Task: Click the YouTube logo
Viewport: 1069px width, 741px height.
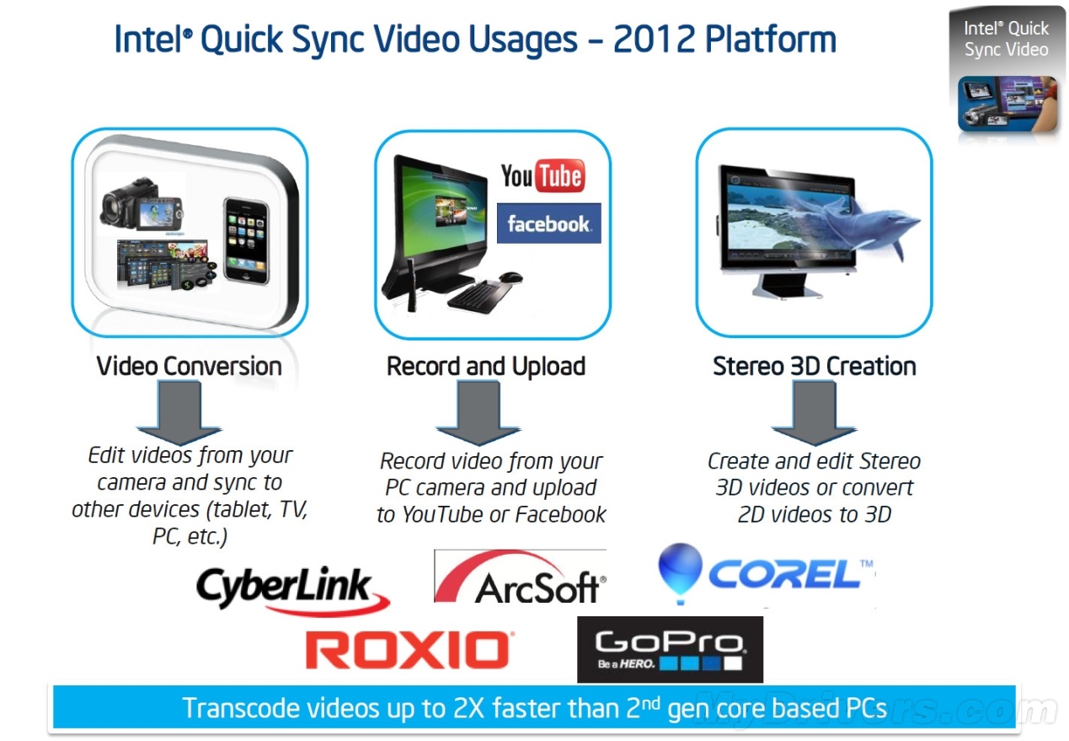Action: coord(543,175)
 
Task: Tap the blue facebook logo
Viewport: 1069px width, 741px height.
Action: coord(548,223)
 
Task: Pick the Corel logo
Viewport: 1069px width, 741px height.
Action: coord(767,574)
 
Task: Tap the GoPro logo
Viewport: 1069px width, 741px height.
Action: coord(670,649)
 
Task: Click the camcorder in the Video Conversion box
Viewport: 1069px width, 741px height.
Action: coord(142,204)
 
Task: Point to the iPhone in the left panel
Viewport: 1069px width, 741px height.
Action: coord(246,240)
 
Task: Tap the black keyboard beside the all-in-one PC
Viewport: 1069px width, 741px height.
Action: coord(478,296)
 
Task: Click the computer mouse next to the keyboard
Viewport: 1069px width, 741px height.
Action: coord(510,277)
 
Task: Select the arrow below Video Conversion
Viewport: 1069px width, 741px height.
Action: coord(179,413)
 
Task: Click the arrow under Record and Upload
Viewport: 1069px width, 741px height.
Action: coord(478,413)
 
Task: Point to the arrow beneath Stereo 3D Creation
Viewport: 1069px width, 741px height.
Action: coord(814,413)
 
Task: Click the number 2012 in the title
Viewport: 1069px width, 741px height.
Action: coord(654,39)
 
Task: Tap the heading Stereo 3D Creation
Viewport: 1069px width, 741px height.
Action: coord(814,366)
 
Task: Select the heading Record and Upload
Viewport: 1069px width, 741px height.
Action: coord(486,366)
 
